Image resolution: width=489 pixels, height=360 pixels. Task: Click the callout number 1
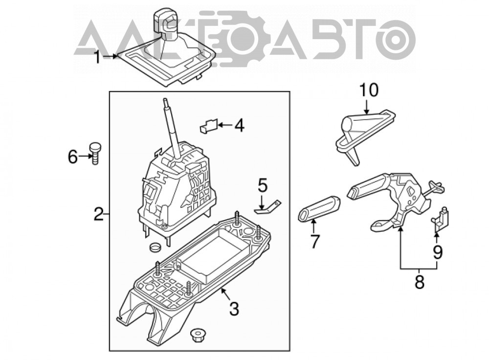pos(98,57)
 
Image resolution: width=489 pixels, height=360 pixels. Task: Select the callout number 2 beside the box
pos(99,214)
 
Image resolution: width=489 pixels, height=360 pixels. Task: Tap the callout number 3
pos(234,309)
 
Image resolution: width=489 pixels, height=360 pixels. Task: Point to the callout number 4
pos(240,126)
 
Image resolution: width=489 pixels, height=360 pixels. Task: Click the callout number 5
pos(263,185)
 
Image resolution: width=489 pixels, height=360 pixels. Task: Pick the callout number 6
pos(73,157)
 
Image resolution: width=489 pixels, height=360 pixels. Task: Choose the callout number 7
pos(314,241)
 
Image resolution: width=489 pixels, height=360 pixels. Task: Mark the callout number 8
pos(420,282)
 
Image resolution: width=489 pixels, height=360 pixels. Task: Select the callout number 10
pos(369,90)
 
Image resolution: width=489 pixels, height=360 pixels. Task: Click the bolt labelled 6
pos(95,153)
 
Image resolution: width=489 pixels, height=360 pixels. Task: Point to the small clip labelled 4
pos(209,126)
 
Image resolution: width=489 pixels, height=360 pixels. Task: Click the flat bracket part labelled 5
pos(268,207)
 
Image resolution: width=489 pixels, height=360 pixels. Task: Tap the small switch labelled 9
pos(441,219)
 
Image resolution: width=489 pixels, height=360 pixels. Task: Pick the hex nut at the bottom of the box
pos(196,335)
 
